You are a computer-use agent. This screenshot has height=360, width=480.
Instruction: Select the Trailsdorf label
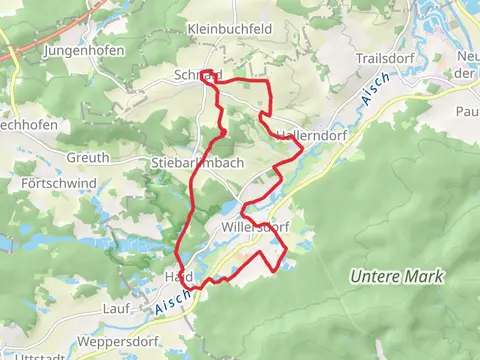(x=383, y=59)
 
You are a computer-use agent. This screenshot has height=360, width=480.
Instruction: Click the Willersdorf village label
(x=254, y=227)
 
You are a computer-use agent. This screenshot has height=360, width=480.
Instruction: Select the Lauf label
(x=116, y=310)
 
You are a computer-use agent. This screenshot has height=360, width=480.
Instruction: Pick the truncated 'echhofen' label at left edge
(x=27, y=125)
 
